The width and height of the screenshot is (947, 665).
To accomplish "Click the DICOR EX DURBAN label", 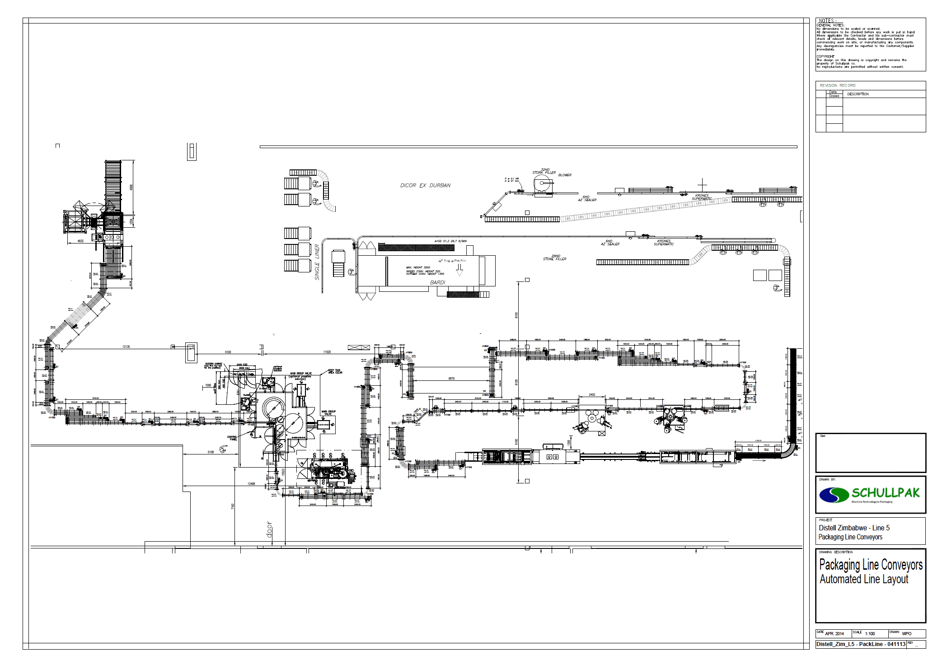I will (x=425, y=186).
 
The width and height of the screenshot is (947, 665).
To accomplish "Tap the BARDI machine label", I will (x=437, y=283).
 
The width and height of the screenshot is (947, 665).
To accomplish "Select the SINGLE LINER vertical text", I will (x=317, y=262).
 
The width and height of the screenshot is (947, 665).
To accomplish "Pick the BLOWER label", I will (x=565, y=175).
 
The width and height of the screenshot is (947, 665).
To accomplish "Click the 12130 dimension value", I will (x=126, y=347).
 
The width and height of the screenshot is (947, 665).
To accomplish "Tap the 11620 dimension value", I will (x=327, y=352).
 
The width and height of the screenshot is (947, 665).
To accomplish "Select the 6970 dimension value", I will (x=451, y=379).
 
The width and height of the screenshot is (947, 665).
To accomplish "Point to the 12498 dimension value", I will (x=251, y=484).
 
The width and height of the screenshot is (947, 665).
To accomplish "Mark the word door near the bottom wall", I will (x=269, y=529).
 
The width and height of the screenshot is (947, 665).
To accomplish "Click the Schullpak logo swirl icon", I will (x=834, y=495).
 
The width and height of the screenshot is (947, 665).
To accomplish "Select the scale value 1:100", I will (x=870, y=634).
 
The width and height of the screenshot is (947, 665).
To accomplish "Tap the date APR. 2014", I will (x=834, y=634).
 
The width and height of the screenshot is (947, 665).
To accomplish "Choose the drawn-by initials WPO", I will (x=906, y=634).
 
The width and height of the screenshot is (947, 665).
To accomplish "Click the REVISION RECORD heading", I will (x=838, y=85).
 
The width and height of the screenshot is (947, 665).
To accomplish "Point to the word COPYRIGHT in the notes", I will (x=825, y=56).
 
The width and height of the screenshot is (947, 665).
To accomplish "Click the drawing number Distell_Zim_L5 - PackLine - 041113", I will (x=861, y=644).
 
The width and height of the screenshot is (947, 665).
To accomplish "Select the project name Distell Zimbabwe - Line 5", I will (x=854, y=528).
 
